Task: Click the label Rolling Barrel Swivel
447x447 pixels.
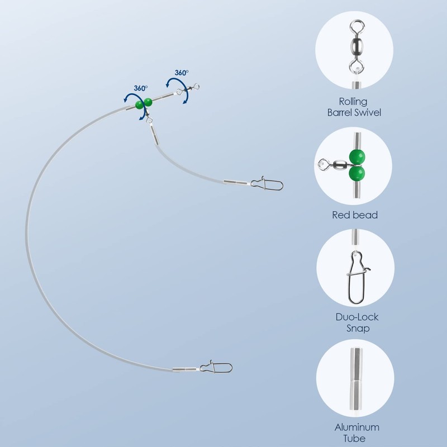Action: tap(356, 107)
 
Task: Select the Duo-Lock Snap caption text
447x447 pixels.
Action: tap(357, 322)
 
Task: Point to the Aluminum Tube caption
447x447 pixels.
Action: tap(357, 432)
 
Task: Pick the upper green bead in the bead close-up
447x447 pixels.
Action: tap(356, 156)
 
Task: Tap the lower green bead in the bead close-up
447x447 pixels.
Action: tap(356, 174)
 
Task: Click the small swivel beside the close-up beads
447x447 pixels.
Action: tap(333, 165)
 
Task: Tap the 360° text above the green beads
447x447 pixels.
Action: tap(141, 88)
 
